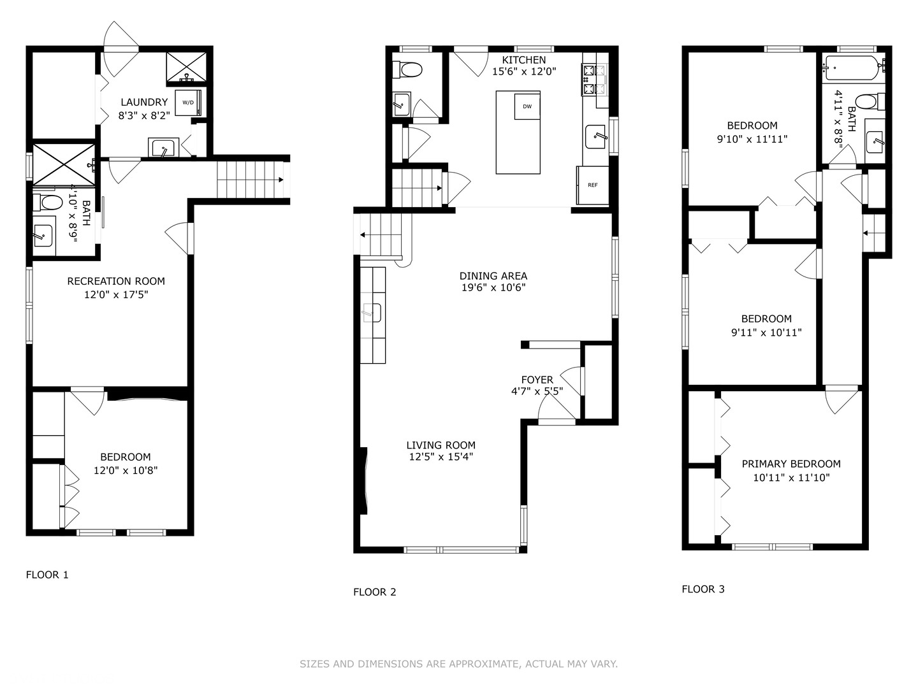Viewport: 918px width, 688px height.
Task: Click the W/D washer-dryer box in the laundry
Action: click(x=188, y=103)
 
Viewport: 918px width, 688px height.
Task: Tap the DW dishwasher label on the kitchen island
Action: click(x=527, y=106)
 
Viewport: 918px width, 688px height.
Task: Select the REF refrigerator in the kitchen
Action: click(x=593, y=185)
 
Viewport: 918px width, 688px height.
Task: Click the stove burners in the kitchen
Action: click(x=589, y=80)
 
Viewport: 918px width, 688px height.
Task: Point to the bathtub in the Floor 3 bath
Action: click(x=853, y=68)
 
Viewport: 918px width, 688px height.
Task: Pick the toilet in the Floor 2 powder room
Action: click(x=407, y=70)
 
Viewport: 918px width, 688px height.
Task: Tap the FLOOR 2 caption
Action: click(x=374, y=592)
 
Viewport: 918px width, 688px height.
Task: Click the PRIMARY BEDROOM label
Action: click(x=791, y=464)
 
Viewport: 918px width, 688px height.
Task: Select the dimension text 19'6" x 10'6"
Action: click(x=493, y=287)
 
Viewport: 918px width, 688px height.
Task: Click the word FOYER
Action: click(x=537, y=380)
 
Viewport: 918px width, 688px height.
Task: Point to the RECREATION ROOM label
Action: click(x=116, y=281)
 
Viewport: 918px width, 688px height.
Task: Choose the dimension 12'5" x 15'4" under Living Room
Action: click(x=441, y=457)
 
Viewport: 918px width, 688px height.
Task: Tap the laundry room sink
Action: click(x=164, y=148)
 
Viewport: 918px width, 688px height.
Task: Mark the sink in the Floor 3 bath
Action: click(x=875, y=142)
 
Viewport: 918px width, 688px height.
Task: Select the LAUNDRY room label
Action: click(x=144, y=102)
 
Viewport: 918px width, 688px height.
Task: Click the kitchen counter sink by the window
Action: click(x=595, y=136)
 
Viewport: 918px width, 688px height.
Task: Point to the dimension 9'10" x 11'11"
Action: click(x=752, y=139)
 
